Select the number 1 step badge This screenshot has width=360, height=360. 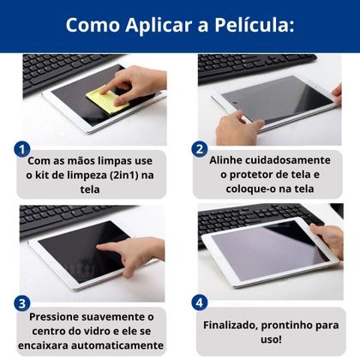[23, 148]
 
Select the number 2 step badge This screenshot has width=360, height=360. [199, 148]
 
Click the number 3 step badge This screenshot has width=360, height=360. [23, 302]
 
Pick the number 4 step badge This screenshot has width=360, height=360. [199, 302]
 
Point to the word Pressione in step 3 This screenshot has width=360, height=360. [57, 317]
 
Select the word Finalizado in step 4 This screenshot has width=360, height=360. [237, 325]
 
